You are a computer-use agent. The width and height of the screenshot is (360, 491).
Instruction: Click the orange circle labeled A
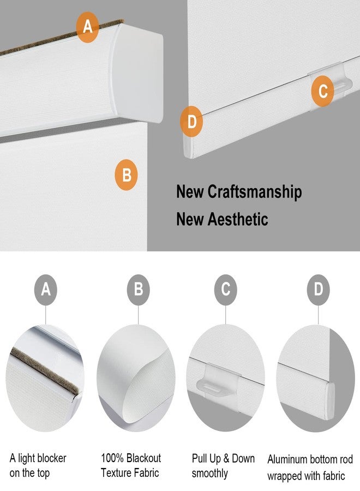click(87, 27)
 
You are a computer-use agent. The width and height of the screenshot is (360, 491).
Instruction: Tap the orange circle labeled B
click(126, 175)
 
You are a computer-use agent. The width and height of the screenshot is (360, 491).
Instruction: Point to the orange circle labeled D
click(191, 122)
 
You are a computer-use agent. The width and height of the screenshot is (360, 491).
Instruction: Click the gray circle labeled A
click(46, 290)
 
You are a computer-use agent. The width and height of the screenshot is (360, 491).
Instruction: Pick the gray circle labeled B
click(139, 290)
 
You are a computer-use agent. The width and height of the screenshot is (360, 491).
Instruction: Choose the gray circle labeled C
click(226, 290)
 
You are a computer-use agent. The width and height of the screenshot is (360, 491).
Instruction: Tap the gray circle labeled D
click(319, 290)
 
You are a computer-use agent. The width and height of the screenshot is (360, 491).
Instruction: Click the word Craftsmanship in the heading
click(255, 191)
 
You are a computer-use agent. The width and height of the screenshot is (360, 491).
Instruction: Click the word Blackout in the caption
click(143, 458)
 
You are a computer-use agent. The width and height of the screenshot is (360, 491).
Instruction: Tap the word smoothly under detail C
click(210, 474)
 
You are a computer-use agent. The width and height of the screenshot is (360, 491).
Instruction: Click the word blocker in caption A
click(50, 458)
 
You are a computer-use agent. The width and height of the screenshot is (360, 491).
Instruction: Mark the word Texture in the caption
click(116, 472)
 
